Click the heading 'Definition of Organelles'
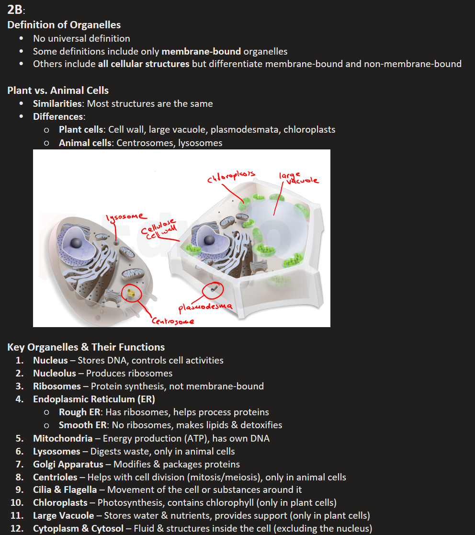[64, 25]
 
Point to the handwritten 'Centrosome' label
[173, 321]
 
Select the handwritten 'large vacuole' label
[297, 178]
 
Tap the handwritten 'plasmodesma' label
[205, 306]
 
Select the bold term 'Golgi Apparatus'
[68, 464]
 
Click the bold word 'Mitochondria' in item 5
[63, 438]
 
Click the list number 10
[17, 503]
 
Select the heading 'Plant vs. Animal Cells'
[58, 91]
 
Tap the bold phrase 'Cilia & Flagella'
[68, 490]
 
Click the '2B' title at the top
[14, 10]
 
